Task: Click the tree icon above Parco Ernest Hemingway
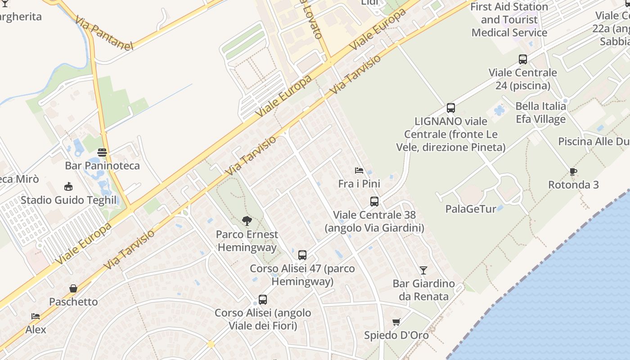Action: [247, 221]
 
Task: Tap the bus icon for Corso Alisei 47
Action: [302, 255]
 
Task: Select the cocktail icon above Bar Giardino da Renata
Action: [423, 270]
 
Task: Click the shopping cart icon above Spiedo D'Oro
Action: [396, 322]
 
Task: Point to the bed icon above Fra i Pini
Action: [359, 171]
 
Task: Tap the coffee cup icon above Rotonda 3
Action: [573, 171]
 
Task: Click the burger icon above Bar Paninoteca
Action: [102, 152]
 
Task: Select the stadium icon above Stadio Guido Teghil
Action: [68, 186]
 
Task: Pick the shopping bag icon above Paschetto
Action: [73, 288]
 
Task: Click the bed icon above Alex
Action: [36, 316]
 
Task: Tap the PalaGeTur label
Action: [471, 209]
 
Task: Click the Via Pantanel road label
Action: [104, 33]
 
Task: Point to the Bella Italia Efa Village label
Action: [540, 112]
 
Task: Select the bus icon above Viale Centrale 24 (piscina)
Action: [523, 59]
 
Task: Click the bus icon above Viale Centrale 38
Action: [374, 202]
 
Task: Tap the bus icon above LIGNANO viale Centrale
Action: [451, 108]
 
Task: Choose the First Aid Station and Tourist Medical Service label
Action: [509, 20]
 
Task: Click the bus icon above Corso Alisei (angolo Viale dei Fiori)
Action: [263, 299]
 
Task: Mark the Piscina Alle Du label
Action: [594, 141]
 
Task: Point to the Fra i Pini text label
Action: [359, 184]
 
